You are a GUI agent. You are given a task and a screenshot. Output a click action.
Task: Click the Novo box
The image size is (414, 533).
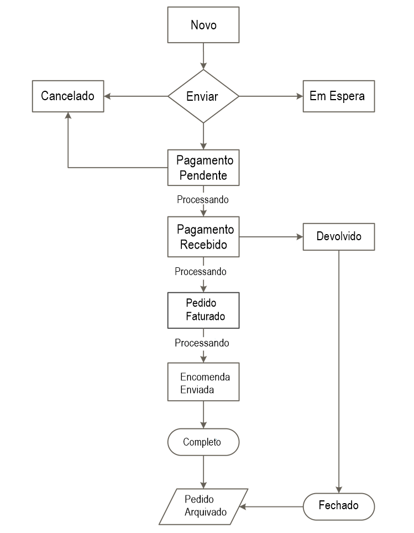click(x=203, y=25)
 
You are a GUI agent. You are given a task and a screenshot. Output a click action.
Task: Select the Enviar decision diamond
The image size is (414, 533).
click(x=203, y=96)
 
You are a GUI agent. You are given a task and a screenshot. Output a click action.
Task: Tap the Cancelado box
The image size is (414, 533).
click(x=67, y=96)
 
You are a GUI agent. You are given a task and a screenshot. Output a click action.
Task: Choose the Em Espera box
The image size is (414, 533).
click(x=338, y=96)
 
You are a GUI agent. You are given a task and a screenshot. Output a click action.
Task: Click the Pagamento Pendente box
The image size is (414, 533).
click(x=203, y=168)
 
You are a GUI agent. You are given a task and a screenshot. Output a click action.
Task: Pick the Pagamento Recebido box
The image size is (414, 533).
click(x=203, y=236)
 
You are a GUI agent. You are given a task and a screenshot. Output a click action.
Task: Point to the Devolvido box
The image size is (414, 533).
click(x=338, y=236)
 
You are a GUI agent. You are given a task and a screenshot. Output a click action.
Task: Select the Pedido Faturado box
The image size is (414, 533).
click(x=203, y=311)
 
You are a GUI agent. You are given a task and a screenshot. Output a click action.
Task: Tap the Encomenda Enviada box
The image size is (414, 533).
click(x=203, y=382)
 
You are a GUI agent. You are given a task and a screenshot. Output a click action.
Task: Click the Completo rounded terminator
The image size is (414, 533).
click(x=203, y=442)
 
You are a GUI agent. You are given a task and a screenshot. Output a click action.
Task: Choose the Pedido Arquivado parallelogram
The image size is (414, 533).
click(x=204, y=506)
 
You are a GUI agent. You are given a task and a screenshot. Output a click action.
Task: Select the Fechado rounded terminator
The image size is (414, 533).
click(x=338, y=505)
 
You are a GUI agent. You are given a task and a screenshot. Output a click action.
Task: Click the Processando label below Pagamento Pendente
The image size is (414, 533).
click(x=203, y=199)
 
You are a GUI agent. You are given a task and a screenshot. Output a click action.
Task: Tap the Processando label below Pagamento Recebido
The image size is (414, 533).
click(x=201, y=272)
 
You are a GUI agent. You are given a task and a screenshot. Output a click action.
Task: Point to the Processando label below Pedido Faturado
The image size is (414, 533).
click(x=202, y=343)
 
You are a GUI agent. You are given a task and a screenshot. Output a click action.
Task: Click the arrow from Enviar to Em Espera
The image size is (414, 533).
click(x=271, y=96)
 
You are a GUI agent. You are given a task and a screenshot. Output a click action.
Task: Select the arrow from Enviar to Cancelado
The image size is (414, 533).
click(x=136, y=96)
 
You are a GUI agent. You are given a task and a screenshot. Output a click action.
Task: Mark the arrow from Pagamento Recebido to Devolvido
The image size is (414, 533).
click(x=271, y=237)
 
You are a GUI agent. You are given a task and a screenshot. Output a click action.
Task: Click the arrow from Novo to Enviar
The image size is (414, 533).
click(x=204, y=55)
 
